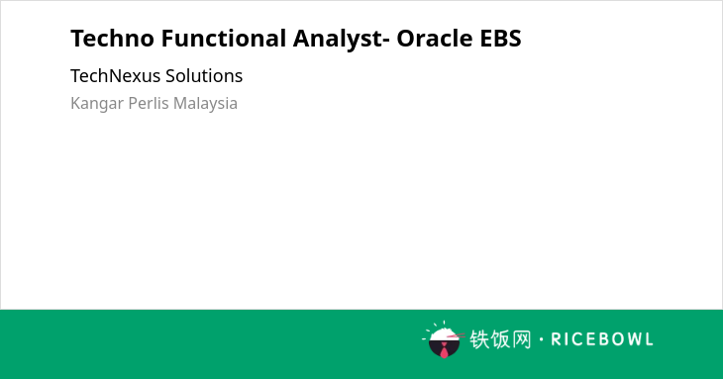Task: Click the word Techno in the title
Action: click(112, 38)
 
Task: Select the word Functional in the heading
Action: click(224, 38)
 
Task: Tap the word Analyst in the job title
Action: click(338, 39)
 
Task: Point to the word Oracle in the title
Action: click(435, 38)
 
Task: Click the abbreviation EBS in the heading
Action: click(501, 38)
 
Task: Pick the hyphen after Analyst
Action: click(386, 41)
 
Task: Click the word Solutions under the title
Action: click(204, 75)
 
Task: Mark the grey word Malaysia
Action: click(205, 104)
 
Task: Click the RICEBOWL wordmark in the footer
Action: click(602, 339)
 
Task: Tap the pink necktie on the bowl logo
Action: click(444, 351)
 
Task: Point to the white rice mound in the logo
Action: click(443, 334)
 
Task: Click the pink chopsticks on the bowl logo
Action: click(456, 336)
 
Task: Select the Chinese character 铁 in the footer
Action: click(479, 339)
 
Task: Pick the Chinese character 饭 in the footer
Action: click(500, 339)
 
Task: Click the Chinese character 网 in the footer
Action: click(521, 339)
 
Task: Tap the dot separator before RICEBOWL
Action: click(541, 339)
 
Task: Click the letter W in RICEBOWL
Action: click(630, 339)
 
